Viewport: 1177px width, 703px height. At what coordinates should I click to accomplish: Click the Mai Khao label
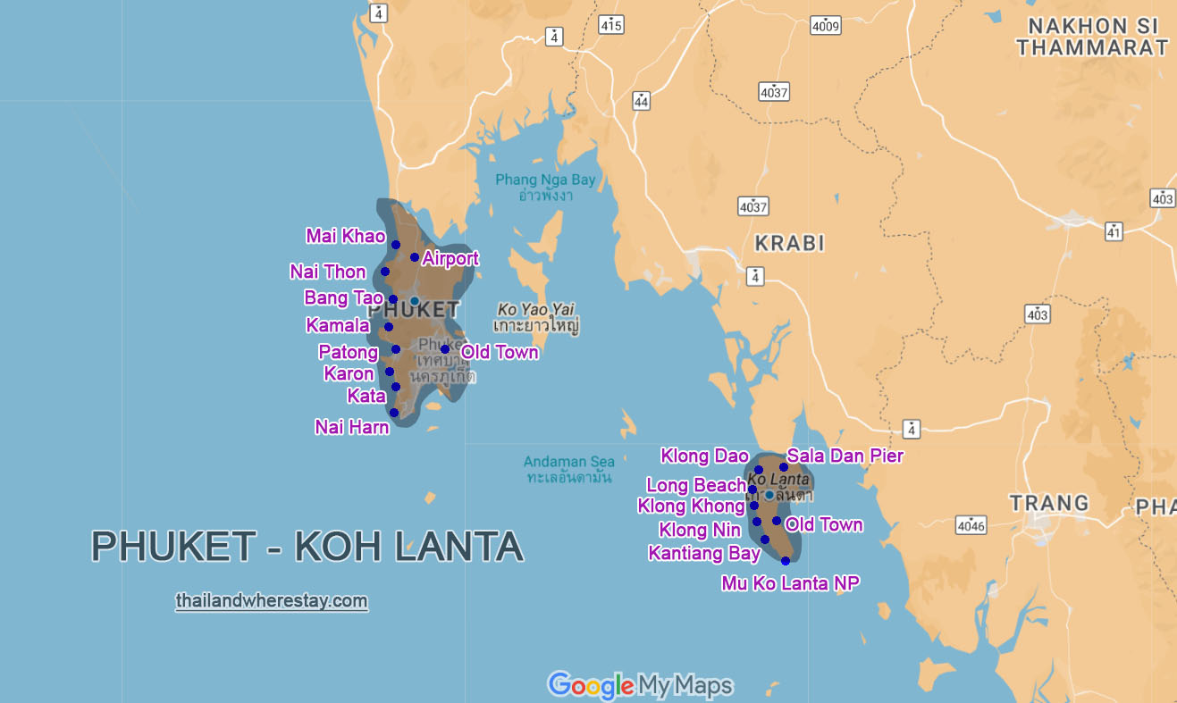345,237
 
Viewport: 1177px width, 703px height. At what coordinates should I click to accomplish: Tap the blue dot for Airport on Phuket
415,257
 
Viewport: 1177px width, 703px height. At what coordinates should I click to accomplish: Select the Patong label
348,353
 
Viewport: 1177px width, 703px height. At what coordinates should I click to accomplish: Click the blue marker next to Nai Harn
394,413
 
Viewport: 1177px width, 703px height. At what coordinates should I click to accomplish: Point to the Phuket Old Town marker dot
444,349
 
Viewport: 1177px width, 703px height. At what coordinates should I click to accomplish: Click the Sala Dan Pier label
845,456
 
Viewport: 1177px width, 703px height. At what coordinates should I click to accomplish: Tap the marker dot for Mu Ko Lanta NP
786,561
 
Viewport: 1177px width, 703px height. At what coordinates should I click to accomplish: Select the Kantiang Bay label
704,554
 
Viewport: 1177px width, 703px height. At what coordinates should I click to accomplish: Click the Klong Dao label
704,456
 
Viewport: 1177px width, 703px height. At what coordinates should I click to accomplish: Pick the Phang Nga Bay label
545,180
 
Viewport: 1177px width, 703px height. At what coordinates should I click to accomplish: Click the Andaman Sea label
569,463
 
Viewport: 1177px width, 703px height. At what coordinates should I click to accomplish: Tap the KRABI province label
789,244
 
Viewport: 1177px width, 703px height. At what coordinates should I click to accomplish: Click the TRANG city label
1049,503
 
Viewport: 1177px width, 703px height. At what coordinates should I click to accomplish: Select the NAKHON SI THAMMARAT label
1091,37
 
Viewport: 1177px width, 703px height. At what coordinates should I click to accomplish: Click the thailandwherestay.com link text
272,601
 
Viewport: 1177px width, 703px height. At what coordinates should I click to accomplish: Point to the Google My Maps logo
640,685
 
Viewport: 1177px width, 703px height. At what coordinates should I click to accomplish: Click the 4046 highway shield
971,525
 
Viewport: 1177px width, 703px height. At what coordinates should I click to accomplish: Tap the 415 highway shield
611,25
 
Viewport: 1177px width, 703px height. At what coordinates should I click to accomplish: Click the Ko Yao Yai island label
536,310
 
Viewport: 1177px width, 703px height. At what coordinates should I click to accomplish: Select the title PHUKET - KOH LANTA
307,547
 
